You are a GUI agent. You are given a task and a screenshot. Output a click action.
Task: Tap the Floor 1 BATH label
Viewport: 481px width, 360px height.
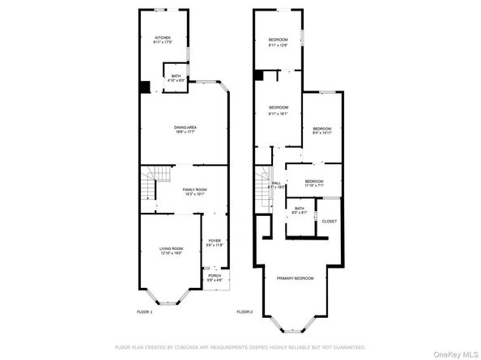click(x=176, y=78)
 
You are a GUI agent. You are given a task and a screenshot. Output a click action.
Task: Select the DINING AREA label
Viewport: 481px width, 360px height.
click(x=186, y=129)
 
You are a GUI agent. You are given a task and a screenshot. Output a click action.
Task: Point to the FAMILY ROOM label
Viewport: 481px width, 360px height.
click(x=194, y=192)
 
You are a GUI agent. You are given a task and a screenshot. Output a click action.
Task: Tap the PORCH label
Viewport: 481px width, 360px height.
click(x=215, y=277)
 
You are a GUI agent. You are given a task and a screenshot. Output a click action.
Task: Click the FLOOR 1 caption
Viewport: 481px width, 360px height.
click(x=144, y=311)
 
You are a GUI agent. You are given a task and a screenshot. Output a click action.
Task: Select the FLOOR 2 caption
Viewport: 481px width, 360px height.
click(x=245, y=311)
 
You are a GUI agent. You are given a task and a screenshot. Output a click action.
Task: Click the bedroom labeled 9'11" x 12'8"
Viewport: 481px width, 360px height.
click(x=279, y=43)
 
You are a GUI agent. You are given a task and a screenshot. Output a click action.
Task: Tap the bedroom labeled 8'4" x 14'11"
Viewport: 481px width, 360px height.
click(x=322, y=131)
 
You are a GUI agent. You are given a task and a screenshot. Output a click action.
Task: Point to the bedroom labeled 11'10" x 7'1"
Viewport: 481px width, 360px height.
click(x=314, y=183)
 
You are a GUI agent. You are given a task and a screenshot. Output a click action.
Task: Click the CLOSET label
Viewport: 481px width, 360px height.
click(x=330, y=221)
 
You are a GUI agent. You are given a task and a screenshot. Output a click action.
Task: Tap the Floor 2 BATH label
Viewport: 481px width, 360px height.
click(x=300, y=210)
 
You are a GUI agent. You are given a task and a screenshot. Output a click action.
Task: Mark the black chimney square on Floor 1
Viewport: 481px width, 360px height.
click(x=145, y=87)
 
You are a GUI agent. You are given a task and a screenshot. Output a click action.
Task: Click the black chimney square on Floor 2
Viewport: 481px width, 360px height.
click(x=258, y=75)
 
